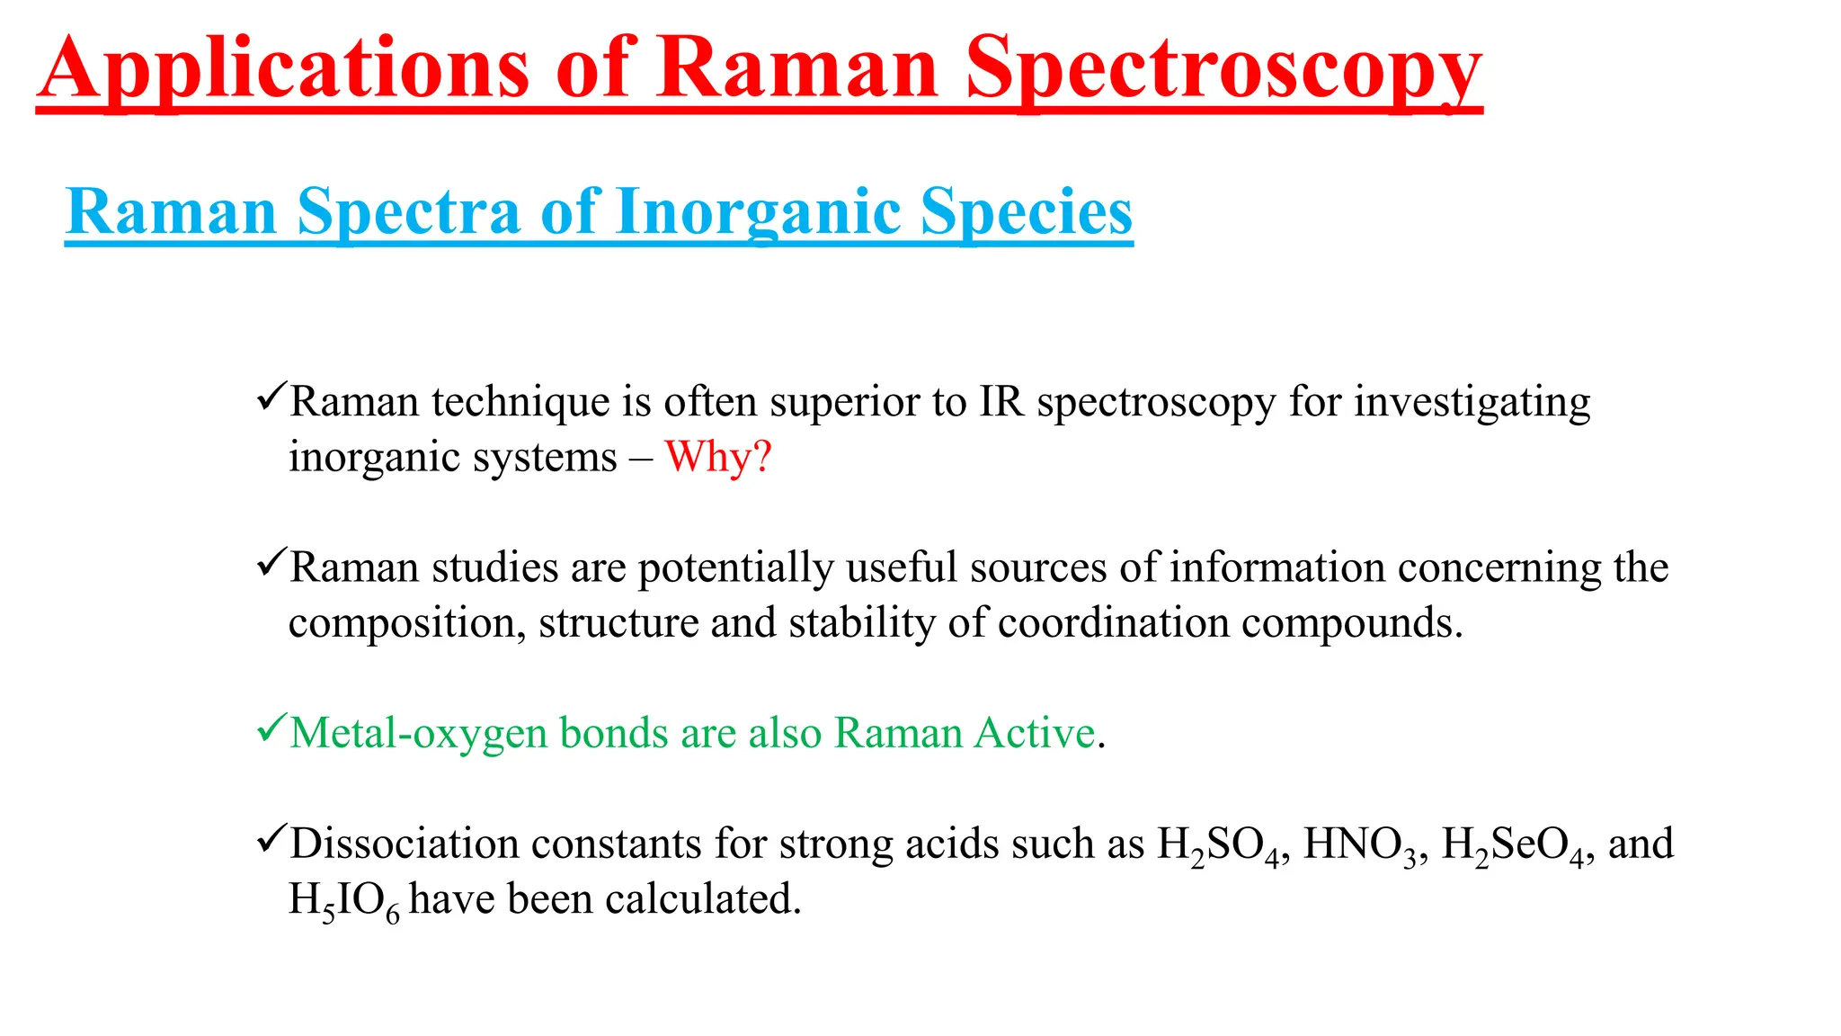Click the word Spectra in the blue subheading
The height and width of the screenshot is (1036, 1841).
point(409,212)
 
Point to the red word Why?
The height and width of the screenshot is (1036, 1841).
point(717,457)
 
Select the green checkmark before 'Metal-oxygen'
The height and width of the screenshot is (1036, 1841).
point(271,728)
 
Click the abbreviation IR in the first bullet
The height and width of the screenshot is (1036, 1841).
point(1001,401)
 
